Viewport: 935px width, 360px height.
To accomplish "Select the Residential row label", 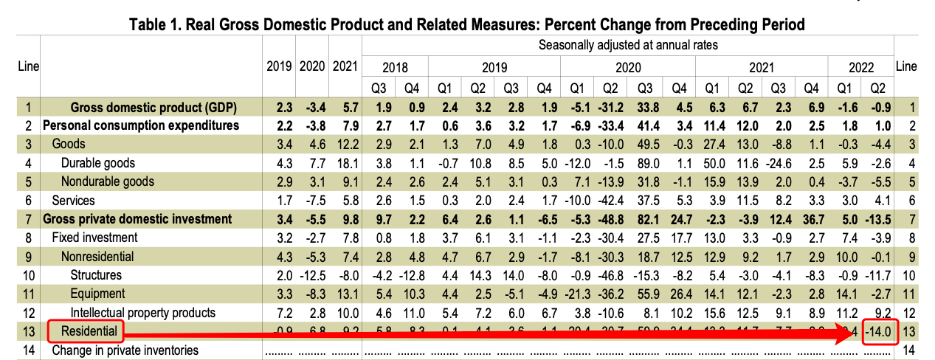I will [x=89, y=331].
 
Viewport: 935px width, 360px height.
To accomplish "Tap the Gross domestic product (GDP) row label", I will [x=153, y=106].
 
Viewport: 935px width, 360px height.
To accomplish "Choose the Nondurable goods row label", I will [x=108, y=181].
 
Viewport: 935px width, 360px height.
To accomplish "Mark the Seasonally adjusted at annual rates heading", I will [x=628, y=45].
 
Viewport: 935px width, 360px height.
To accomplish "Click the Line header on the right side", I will [x=905, y=66].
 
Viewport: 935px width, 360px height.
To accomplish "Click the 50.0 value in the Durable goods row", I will [x=720, y=162].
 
